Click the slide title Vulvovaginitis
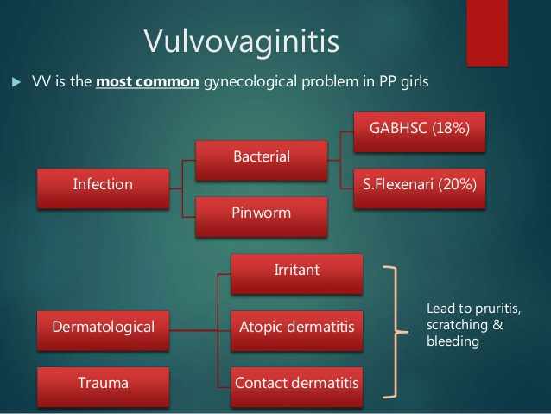pos(242,41)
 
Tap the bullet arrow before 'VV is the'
pos(16,82)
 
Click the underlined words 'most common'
pos(148,82)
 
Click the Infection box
pos(103,189)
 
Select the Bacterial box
pos(262,161)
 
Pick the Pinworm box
pos(262,217)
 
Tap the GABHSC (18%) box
pos(420,132)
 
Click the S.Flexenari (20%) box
pos(420,188)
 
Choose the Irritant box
pos(297,274)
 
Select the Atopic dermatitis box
pos(297,331)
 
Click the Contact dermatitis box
pos(297,387)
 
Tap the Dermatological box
pos(103,331)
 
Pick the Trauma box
pos(103,387)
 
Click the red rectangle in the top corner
pos(487,33)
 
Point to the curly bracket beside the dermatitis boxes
pos(396,332)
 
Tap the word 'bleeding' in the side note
pos(453,341)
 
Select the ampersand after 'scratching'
pos(497,324)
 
